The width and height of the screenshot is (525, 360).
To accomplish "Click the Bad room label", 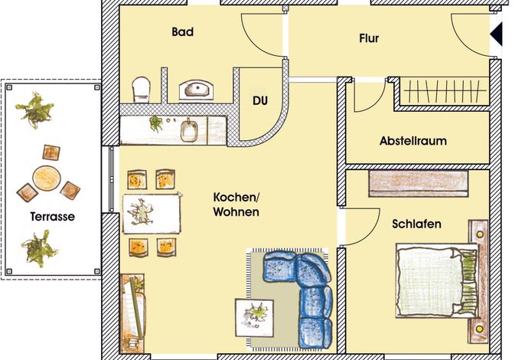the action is point(182,32).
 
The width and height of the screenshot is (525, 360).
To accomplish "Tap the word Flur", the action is point(369,38).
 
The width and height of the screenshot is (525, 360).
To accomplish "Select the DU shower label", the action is point(260,100).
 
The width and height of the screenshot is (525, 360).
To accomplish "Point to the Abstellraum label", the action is point(413,141).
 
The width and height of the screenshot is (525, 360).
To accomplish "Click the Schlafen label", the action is point(416,224).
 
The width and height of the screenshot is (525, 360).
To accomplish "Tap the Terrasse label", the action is point(53,217).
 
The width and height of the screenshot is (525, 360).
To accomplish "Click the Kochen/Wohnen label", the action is point(236,205).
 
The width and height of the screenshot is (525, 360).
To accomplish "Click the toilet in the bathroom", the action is point(141,90).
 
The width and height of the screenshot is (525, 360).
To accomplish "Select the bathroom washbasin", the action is point(196,90).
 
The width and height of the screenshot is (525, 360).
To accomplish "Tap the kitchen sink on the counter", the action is point(189,131).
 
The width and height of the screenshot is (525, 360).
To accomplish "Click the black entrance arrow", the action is point(497,34).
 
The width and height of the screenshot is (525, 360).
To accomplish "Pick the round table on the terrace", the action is point(47,178).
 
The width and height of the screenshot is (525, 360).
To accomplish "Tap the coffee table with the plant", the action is point(254,317).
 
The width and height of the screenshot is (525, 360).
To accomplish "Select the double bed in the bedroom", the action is point(437,280).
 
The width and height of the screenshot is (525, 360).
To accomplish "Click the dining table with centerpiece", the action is point(152,213).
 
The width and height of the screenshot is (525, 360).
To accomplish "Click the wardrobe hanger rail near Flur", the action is point(445,90).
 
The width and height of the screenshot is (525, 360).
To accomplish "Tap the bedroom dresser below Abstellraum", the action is point(418,183).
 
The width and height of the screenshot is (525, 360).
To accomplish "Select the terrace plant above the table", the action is point(35,110).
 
